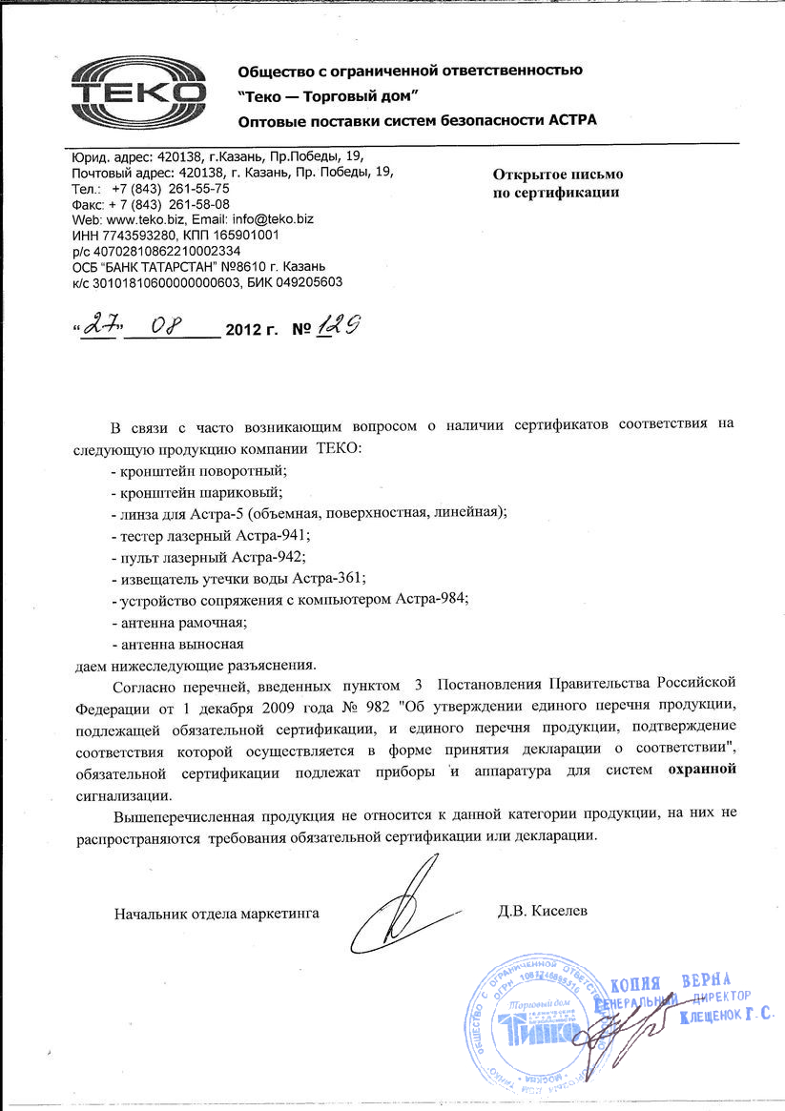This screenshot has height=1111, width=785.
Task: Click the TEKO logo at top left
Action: (139, 93)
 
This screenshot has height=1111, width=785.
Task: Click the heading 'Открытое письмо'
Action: (558, 175)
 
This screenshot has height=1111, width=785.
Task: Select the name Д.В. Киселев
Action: (543, 911)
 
